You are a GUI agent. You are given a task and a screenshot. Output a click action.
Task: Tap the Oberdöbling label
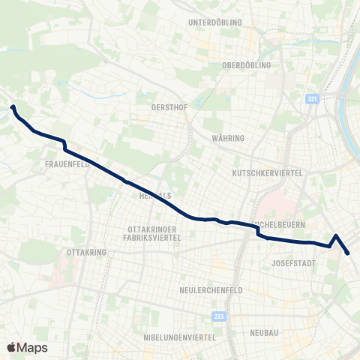point(247,64)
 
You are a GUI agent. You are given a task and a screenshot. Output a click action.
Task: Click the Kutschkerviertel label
point(267,173)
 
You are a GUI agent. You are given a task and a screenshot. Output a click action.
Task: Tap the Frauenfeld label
point(67,163)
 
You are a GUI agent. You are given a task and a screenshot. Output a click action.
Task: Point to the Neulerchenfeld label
point(209,289)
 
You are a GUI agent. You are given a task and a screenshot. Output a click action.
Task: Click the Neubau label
point(265,332)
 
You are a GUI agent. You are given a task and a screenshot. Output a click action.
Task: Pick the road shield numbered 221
point(313,98)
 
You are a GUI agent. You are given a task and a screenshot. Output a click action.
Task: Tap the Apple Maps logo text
point(27,347)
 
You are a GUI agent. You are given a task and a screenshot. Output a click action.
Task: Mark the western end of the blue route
point(13,107)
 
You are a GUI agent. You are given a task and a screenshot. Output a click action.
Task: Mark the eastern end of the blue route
point(349,253)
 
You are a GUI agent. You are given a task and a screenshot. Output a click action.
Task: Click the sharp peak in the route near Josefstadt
point(337,235)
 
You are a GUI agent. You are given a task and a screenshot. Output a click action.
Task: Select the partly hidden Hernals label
point(155,195)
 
